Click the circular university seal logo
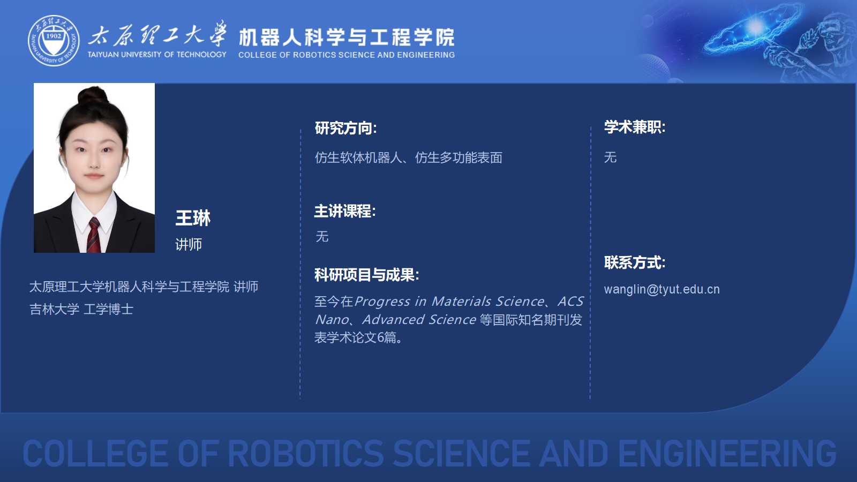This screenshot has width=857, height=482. click(54, 41)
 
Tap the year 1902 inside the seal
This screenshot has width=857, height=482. click(54, 36)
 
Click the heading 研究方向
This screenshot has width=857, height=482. click(345, 128)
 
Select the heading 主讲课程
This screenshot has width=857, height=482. click(345, 211)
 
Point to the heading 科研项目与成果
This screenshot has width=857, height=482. click(366, 275)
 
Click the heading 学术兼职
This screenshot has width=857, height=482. click(635, 127)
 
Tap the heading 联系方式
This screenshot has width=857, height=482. click(635, 263)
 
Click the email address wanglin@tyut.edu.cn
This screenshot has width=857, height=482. click(662, 289)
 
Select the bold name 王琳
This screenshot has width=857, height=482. click(193, 218)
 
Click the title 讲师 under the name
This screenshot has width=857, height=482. click(188, 244)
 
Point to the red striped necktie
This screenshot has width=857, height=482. click(94, 235)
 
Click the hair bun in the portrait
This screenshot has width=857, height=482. click(93, 95)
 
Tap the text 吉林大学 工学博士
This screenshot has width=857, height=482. click(81, 309)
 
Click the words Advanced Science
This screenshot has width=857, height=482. click(419, 319)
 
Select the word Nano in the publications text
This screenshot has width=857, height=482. click(332, 319)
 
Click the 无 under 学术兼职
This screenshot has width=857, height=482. click(610, 157)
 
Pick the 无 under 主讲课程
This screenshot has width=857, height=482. click(322, 236)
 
